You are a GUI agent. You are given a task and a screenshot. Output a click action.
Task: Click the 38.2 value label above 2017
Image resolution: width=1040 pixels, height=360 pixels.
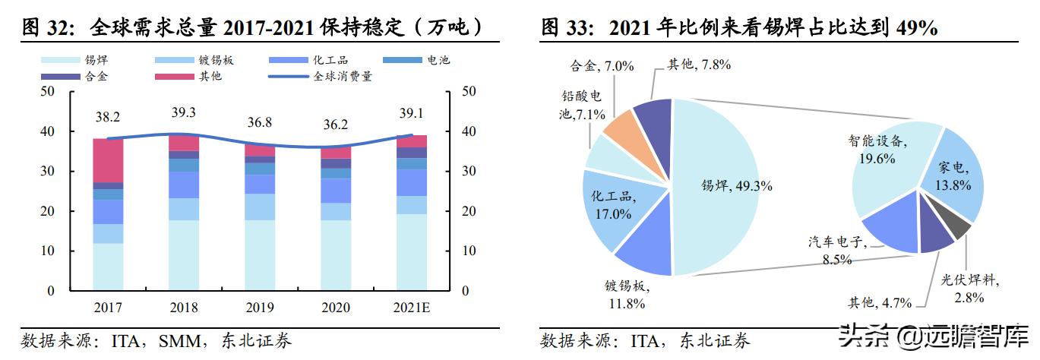point(108,117)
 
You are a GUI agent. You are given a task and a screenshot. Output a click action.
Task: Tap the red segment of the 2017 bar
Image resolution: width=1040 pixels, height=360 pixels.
point(108,160)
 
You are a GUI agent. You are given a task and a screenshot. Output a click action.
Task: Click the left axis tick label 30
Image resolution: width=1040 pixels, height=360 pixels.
point(46,172)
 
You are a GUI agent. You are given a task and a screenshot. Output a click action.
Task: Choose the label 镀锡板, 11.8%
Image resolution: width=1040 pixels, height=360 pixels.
point(625,295)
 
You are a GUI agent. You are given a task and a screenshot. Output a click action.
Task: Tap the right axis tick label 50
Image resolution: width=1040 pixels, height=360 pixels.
point(469,92)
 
